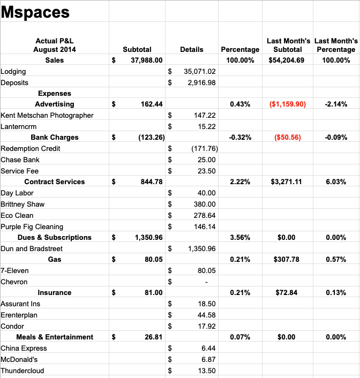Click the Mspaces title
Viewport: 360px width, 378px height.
pos(35,12)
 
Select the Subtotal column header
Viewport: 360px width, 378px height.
pos(137,49)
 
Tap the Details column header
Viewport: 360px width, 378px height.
pos(192,49)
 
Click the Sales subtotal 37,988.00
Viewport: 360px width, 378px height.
pos(147,61)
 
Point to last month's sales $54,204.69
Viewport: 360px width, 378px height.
pos(287,61)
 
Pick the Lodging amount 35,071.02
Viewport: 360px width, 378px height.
pos(199,71)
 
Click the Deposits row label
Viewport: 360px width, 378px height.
pos(14,82)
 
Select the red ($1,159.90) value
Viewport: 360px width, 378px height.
pos(288,104)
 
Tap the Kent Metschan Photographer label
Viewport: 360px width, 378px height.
pos(47,116)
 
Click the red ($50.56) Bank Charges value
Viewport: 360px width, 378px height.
pos(288,138)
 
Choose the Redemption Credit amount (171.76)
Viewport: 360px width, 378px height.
pos(205,148)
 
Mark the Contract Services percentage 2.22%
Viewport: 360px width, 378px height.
pos(240,182)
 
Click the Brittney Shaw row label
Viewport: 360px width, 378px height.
pos(22,205)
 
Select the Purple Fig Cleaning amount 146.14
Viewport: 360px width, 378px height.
pos(205,226)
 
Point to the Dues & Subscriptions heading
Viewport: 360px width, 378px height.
pos(55,238)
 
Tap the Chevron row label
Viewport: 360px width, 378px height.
pos(14,282)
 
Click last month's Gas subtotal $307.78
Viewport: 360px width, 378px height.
pos(287,259)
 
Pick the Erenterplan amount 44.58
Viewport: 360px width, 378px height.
pos(207,315)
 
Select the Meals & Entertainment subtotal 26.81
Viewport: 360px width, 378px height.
pos(153,337)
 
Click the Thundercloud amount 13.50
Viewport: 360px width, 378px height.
pos(207,371)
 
